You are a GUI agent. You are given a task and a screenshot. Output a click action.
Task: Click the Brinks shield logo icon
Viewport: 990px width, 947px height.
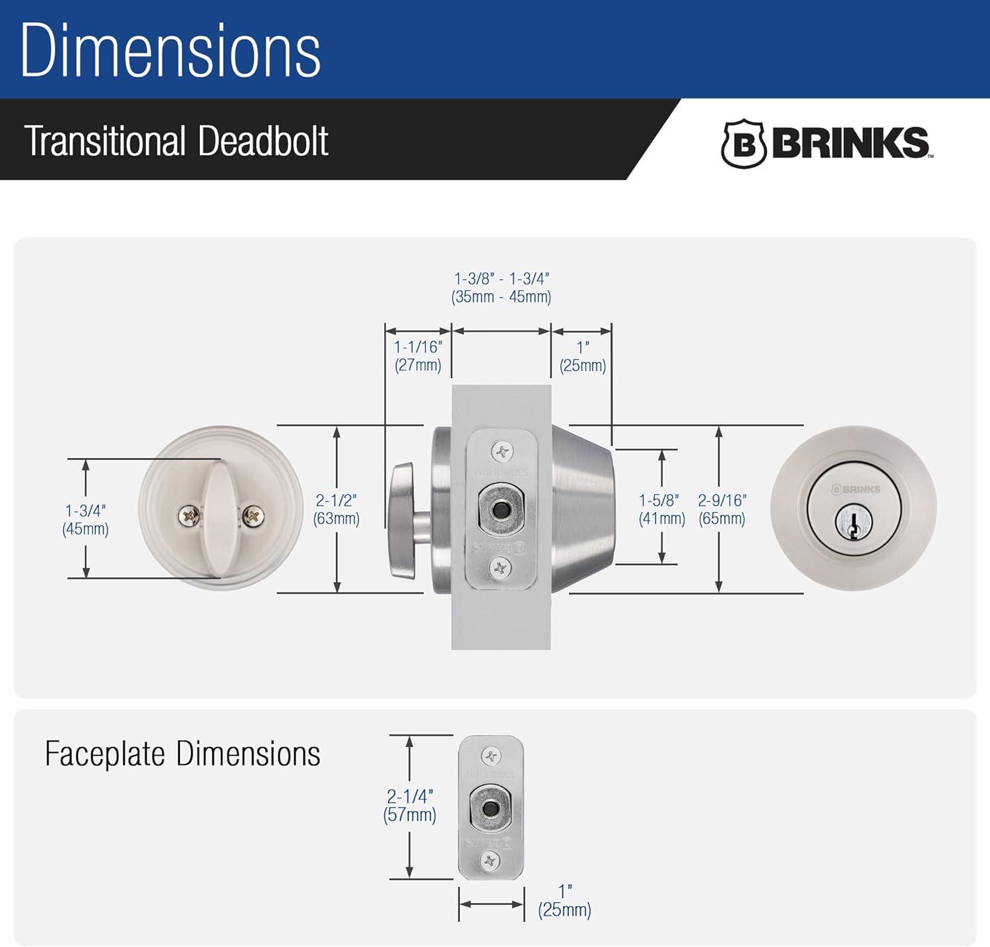tap(743, 143)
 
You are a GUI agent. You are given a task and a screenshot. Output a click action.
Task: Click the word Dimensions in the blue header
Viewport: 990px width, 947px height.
tap(170, 51)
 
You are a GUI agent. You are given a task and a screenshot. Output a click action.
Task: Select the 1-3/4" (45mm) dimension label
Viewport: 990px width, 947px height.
tap(85, 519)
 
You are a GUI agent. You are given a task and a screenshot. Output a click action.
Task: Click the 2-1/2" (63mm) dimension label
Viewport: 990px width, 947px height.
tap(337, 509)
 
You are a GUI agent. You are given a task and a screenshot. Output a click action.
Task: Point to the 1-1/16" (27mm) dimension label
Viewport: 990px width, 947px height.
tap(418, 356)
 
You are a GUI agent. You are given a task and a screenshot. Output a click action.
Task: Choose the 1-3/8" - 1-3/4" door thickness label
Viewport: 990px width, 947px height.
tap(501, 288)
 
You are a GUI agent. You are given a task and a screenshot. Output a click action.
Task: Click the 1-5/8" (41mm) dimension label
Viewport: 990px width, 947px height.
tap(661, 509)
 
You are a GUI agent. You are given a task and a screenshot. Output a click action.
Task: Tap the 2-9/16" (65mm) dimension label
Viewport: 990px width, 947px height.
tap(722, 509)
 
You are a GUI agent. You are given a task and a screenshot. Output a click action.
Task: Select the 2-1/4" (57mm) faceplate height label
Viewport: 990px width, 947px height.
tap(410, 805)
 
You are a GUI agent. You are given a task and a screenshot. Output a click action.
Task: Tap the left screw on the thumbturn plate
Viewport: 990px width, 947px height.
tap(189, 516)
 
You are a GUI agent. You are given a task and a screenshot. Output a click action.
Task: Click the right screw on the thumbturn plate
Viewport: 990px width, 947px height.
tap(253, 516)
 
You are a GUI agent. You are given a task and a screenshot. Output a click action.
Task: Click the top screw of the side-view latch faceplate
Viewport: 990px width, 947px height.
tap(502, 452)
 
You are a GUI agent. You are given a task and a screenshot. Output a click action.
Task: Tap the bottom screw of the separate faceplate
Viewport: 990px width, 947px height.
tap(490, 861)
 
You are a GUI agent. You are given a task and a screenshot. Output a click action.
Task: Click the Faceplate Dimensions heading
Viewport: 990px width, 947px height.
tap(182, 754)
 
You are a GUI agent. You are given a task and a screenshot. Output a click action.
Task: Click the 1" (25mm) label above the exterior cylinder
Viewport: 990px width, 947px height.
tap(582, 356)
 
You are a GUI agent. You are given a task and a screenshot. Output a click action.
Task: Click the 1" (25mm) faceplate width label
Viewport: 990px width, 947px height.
tap(564, 901)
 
